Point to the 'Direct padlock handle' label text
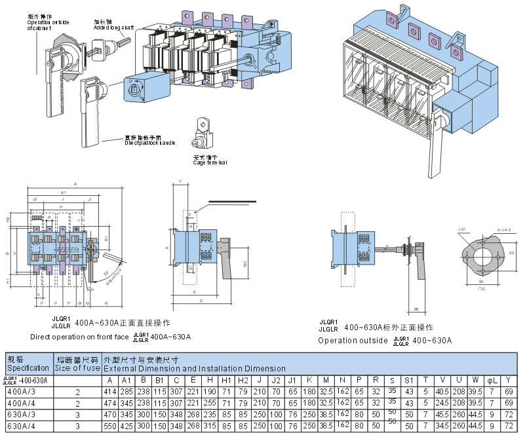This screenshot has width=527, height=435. tap(150, 140)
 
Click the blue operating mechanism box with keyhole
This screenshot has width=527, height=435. tap(145, 87)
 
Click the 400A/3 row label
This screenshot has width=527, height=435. tap(22, 391)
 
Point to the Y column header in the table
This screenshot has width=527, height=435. tap(508, 380)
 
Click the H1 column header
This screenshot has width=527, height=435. tap(227, 380)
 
